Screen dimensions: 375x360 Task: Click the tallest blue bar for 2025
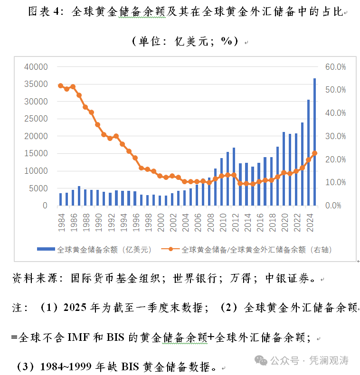point(314,142)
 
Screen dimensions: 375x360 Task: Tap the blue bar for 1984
point(61,199)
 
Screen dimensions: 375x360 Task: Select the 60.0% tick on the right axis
point(335,67)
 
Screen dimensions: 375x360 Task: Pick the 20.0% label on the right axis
point(335,159)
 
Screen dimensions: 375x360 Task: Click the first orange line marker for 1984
point(61,85)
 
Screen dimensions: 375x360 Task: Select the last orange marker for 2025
point(314,153)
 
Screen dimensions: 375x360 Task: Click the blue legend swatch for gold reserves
point(46,249)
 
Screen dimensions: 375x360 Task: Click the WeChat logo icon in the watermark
point(261,360)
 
